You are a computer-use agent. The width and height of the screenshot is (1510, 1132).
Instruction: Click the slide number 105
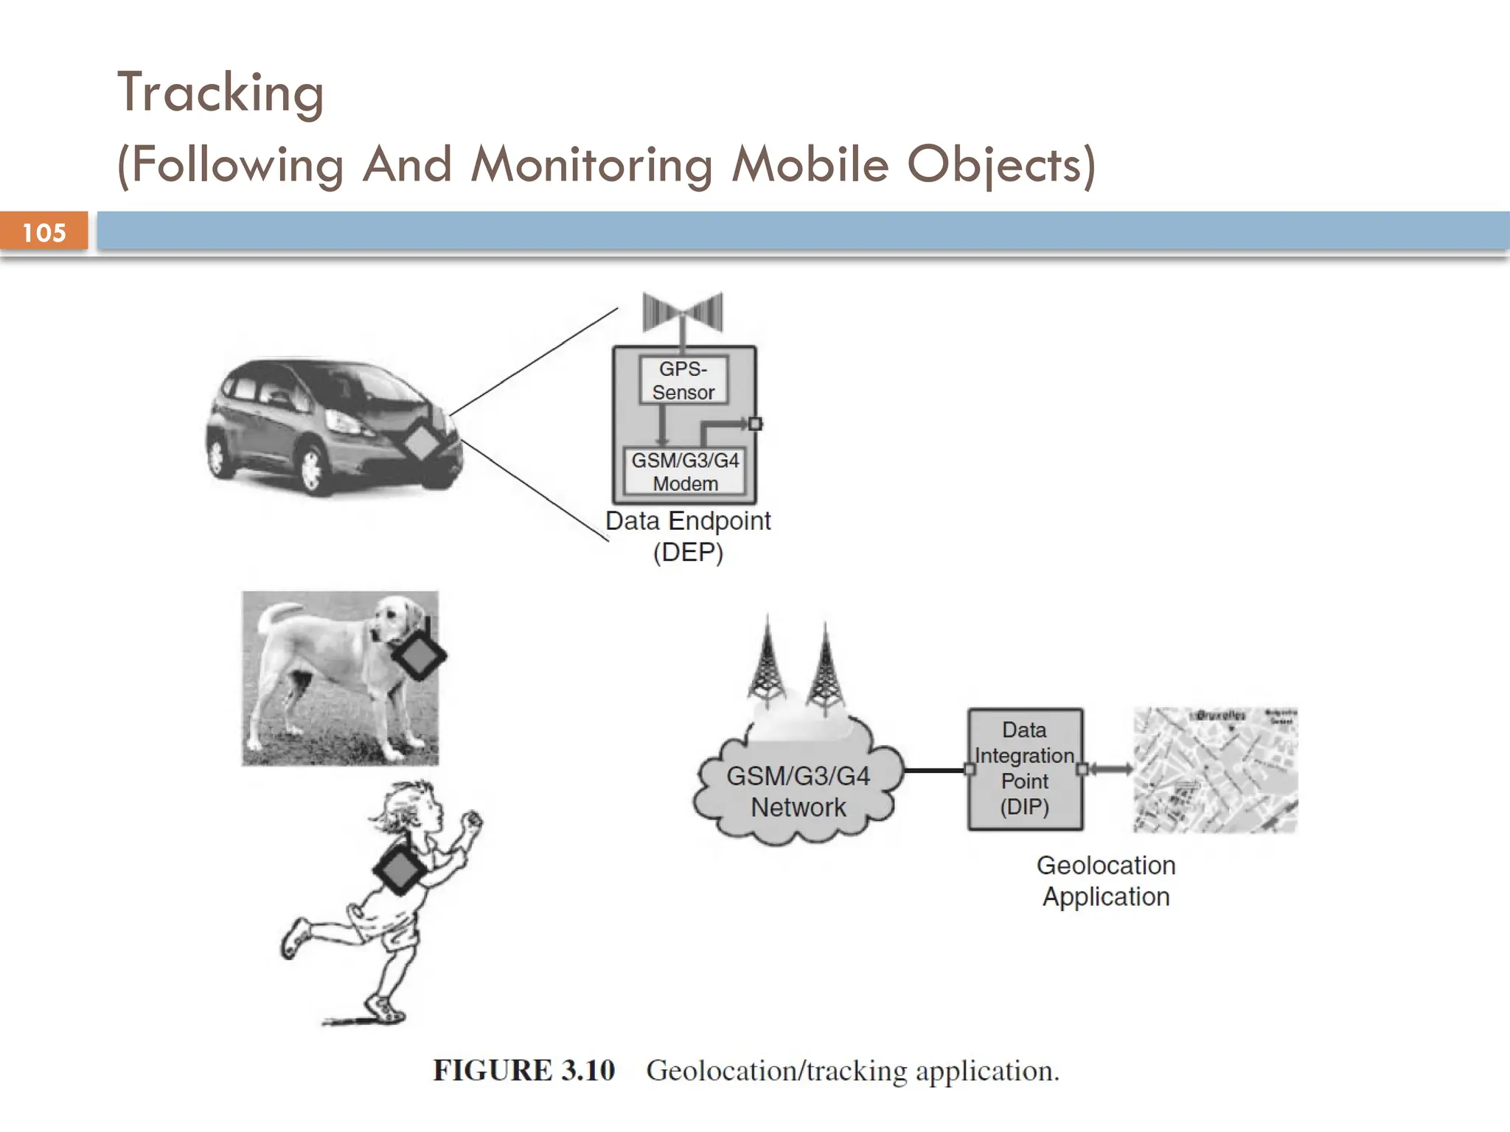[44, 233]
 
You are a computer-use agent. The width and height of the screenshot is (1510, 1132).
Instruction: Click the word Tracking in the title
[220, 93]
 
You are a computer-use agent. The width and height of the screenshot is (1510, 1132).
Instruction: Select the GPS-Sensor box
[683, 380]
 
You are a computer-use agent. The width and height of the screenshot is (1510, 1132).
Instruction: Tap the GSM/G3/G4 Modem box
[685, 472]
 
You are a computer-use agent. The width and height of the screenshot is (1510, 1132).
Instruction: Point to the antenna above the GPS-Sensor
[683, 313]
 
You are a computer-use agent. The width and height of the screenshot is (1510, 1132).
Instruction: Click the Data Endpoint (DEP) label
[688, 536]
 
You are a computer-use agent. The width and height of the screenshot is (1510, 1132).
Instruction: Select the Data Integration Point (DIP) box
[1025, 769]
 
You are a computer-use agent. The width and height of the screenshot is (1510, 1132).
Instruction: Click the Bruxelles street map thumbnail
[1215, 770]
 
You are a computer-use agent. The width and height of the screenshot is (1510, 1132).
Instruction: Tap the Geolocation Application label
[1106, 881]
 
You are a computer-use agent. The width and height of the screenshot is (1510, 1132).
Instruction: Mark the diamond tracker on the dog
[418, 655]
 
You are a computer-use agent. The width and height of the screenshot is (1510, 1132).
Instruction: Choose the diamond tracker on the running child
[400, 870]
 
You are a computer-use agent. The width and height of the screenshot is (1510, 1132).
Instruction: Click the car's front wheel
[311, 467]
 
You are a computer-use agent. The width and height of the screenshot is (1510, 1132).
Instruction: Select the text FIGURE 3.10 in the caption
[523, 1070]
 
